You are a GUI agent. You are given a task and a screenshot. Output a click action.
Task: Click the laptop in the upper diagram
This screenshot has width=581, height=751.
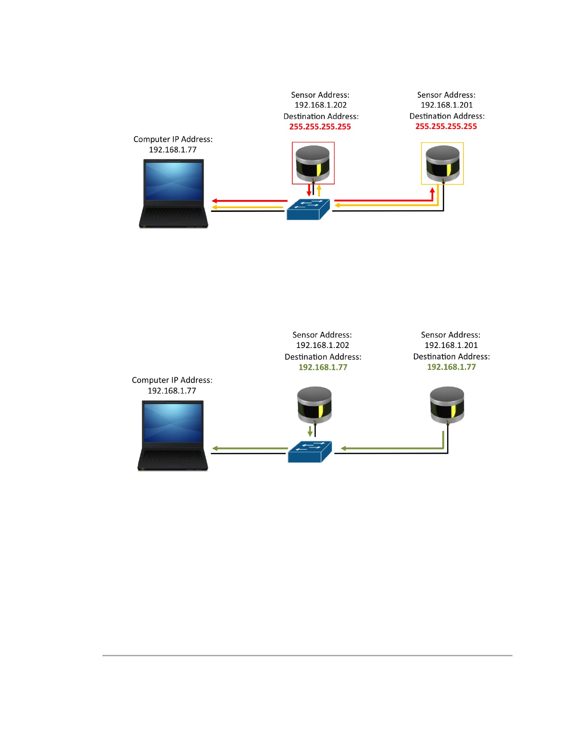[x=174, y=193]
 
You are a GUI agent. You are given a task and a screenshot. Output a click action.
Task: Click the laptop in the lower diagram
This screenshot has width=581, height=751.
[x=173, y=435]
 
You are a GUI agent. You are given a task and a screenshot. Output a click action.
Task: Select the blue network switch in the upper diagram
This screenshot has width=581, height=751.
[x=308, y=209]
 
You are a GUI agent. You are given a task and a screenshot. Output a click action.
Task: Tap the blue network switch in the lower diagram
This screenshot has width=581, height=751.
[x=309, y=451]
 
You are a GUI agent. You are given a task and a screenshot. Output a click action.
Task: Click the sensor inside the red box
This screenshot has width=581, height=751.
[x=313, y=164]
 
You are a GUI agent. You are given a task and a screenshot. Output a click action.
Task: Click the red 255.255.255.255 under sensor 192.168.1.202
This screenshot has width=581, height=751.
[x=320, y=127]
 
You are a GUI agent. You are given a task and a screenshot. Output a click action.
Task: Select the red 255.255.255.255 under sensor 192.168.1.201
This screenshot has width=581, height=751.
[x=446, y=126]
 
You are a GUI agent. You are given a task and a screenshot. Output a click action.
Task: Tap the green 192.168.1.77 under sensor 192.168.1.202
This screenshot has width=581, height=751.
[x=323, y=367]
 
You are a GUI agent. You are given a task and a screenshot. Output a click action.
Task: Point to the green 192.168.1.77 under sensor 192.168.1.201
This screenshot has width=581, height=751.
[x=451, y=367]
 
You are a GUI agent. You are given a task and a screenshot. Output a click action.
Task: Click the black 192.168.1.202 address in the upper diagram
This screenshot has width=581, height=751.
[x=321, y=105]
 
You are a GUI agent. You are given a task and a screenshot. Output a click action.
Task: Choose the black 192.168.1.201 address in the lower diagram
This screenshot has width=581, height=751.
[x=451, y=345]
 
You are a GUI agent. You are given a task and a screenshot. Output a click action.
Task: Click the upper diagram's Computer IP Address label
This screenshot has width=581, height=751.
[x=173, y=139]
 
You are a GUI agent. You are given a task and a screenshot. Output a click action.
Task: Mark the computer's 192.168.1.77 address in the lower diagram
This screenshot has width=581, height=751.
[x=172, y=391]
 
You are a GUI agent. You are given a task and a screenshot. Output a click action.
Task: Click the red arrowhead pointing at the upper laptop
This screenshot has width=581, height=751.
[x=215, y=201]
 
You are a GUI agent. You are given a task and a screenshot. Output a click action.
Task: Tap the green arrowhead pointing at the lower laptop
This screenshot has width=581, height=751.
[x=215, y=448]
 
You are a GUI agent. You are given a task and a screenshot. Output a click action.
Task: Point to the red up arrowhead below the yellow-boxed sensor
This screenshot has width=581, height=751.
[x=432, y=191]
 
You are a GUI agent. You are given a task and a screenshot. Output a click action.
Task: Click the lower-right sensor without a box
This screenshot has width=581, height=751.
[x=447, y=404]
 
